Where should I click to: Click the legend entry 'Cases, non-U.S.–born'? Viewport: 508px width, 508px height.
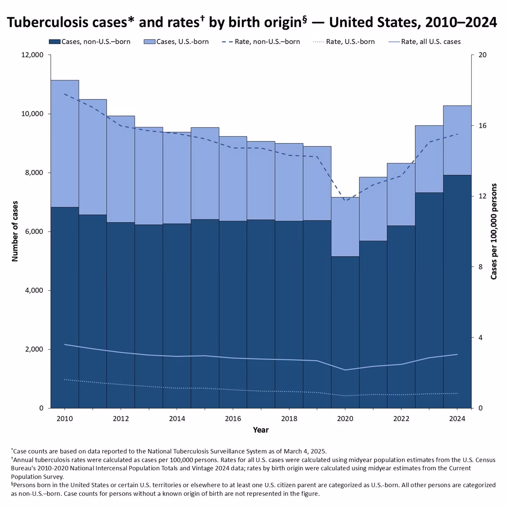[x=90, y=41]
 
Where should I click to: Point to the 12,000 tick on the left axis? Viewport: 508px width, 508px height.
[x=32, y=55]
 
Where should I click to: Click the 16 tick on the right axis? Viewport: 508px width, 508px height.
[x=483, y=126]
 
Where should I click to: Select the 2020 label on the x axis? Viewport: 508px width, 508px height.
[x=345, y=419]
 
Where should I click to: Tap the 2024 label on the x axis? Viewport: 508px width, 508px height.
[x=457, y=419]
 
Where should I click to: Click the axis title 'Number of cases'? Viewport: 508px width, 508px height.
[x=15, y=231]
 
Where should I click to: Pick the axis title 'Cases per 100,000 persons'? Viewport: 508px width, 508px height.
[x=494, y=231]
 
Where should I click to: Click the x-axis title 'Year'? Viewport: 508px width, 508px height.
[x=260, y=430]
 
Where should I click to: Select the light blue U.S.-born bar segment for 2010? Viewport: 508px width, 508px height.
[x=65, y=144]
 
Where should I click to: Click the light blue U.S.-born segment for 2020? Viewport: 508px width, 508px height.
[x=345, y=226]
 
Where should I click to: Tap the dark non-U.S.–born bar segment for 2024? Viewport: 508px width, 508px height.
[x=457, y=292]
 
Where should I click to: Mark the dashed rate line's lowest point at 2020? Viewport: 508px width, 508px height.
[x=345, y=201]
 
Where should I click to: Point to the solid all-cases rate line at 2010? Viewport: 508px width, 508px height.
[x=65, y=345]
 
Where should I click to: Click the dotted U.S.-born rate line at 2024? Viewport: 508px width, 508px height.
[x=457, y=393]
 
